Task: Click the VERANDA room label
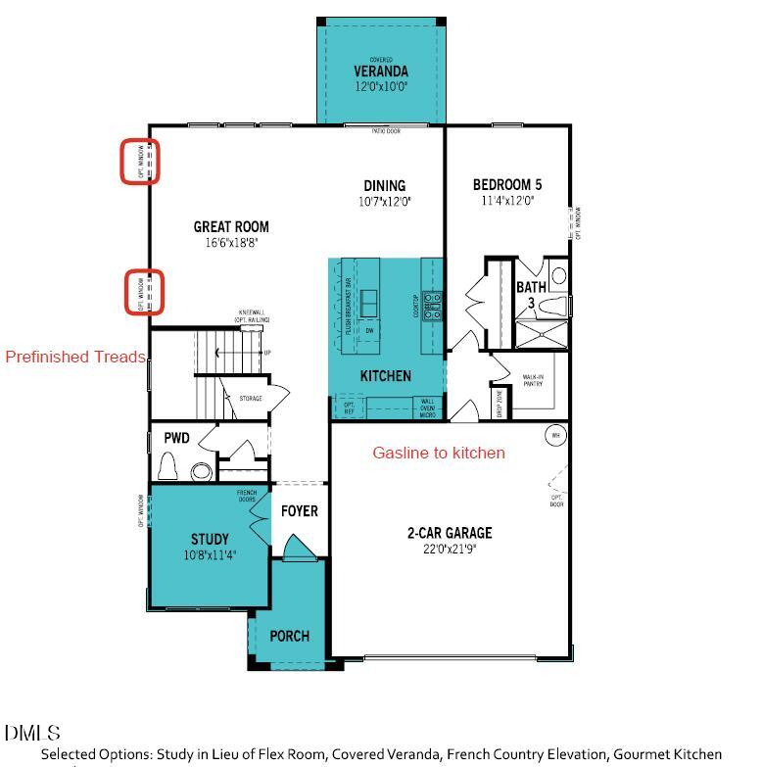click(381, 72)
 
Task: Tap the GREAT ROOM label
click(231, 227)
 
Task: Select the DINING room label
click(384, 186)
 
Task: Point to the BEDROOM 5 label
click(506, 185)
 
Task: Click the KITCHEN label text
click(386, 376)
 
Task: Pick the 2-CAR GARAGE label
click(450, 533)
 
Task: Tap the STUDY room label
click(210, 539)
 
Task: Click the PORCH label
click(290, 636)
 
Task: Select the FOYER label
click(300, 511)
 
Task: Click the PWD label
click(176, 439)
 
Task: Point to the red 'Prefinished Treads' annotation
click(75, 357)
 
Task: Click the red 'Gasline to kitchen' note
click(439, 453)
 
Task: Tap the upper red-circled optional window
click(140, 162)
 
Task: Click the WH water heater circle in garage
click(555, 435)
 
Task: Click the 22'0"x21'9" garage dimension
click(450, 549)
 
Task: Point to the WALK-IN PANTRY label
click(534, 380)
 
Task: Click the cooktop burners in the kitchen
click(432, 307)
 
